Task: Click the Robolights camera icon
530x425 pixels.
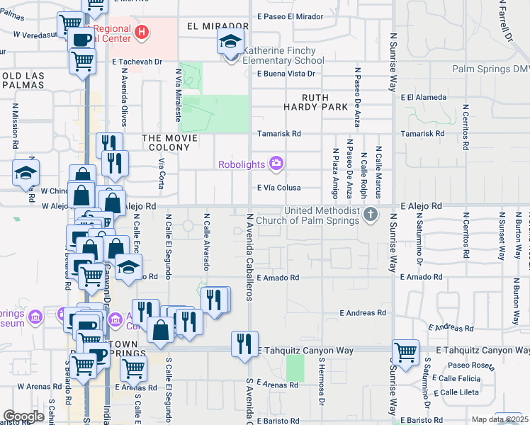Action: pyautogui.click(x=276, y=164)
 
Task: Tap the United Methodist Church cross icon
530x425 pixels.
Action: pyautogui.click(x=370, y=214)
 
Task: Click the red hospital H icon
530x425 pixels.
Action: pyautogui.click(x=142, y=32)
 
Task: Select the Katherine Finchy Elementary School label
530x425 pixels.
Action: pyautogui.click(x=274, y=55)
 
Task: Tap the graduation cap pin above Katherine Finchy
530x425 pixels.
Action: pyautogui.click(x=231, y=42)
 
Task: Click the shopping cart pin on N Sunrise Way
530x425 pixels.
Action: pyautogui.click(x=405, y=353)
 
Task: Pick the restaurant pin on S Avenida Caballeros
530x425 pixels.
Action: pyautogui.click(x=244, y=345)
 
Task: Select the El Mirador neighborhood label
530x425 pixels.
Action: pyautogui.click(x=209, y=25)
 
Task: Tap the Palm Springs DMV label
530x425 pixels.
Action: pyautogui.click(x=491, y=69)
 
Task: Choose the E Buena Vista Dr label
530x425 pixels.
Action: pyautogui.click(x=286, y=73)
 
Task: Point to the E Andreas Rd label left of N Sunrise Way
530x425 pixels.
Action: pyautogui.click(x=362, y=312)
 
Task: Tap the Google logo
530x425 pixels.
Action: pyautogui.click(x=23, y=416)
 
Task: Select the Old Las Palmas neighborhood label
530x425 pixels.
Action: pyautogui.click(x=23, y=80)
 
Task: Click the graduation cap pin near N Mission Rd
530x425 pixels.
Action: pyautogui.click(x=26, y=172)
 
